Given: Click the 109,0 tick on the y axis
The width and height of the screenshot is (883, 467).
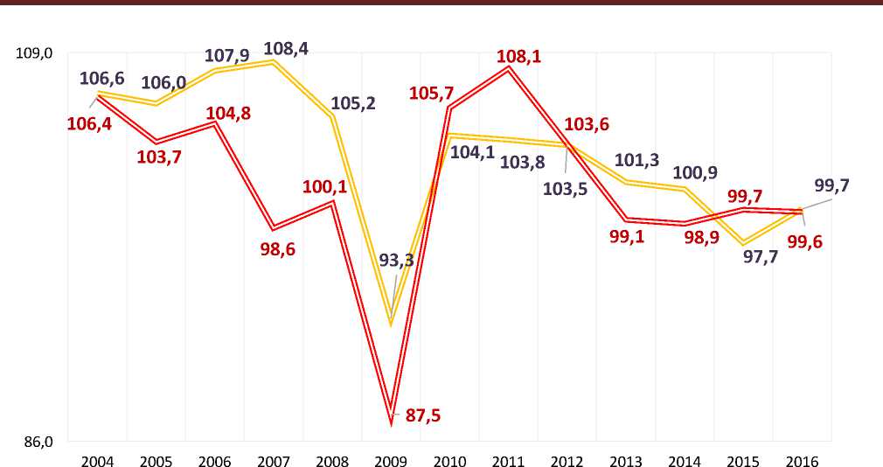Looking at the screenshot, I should click(35, 53).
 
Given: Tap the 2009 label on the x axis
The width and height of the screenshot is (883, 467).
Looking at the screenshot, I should click(390, 459).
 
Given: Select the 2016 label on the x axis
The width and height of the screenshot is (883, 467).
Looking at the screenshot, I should click(802, 459).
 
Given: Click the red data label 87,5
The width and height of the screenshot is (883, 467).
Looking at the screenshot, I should click(423, 415).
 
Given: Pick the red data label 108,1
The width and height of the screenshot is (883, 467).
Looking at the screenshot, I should click(518, 57).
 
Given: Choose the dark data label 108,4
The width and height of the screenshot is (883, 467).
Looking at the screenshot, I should click(285, 49).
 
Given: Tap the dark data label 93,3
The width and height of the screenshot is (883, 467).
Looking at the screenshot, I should click(396, 261).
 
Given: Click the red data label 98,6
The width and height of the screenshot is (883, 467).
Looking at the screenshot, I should click(277, 248).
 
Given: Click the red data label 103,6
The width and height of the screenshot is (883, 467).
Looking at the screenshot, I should click(588, 124).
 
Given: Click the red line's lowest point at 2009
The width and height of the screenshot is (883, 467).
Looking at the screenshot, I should click(390, 422).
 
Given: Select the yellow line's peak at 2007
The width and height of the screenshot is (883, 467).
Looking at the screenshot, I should click(273, 62).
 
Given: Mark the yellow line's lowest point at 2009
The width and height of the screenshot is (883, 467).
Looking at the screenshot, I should click(390, 324).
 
